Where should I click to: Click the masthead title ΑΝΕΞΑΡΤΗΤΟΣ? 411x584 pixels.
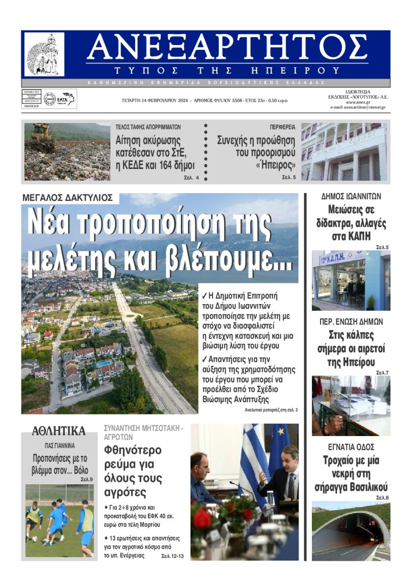click(x=227, y=49)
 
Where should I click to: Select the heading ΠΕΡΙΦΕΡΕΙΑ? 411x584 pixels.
click(x=283, y=126)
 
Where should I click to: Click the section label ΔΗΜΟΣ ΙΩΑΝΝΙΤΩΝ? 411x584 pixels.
click(x=351, y=196)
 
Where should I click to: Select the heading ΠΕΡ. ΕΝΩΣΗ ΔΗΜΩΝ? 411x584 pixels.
click(x=351, y=322)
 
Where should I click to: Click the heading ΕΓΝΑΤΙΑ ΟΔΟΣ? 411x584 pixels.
click(x=351, y=447)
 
